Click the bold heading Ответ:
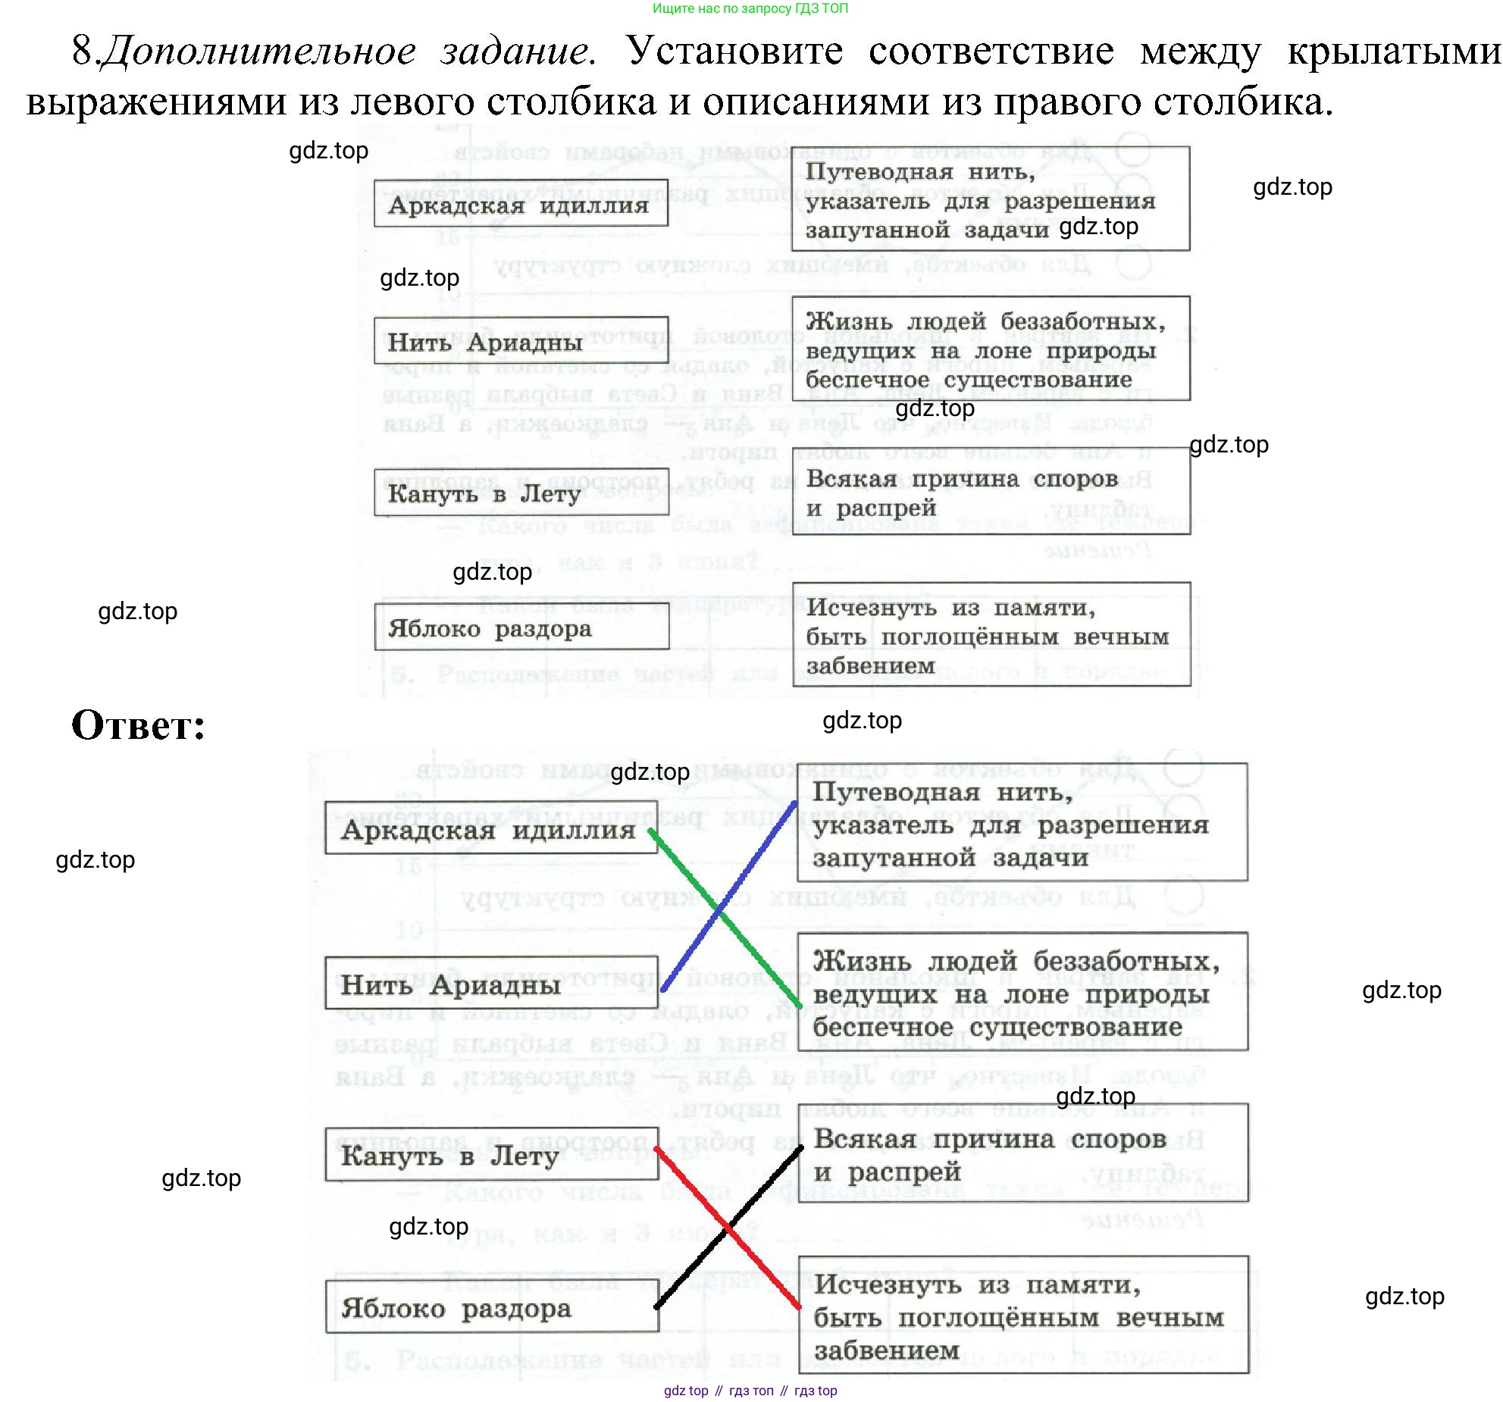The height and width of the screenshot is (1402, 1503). tap(138, 725)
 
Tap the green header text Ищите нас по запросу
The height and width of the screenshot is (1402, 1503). tap(750, 8)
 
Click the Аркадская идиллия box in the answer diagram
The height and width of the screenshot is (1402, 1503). tap(490, 828)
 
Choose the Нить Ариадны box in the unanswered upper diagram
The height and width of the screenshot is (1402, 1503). tap(521, 341)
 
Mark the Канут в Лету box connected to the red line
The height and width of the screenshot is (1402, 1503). tap(491, 1155)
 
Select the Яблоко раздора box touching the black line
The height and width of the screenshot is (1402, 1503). tap(491, 1307)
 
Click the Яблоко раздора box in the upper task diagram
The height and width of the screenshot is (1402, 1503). tap(521, 627)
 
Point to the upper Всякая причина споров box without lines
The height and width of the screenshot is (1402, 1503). tap(991, 492)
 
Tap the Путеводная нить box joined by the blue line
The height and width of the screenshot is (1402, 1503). tap(1022, 822)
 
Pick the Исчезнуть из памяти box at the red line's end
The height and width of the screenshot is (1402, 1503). tap(1022, 1316)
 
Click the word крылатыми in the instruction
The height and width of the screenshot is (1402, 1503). tap(1393, 52)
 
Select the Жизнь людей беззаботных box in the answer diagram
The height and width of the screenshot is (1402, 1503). tap(1022, 992)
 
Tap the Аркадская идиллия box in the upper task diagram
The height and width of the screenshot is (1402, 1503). tap(521, 203)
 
